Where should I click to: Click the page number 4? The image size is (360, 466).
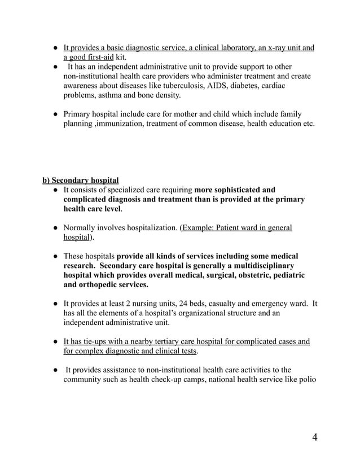[314, 438]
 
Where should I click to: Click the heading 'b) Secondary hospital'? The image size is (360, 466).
[81, 180]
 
